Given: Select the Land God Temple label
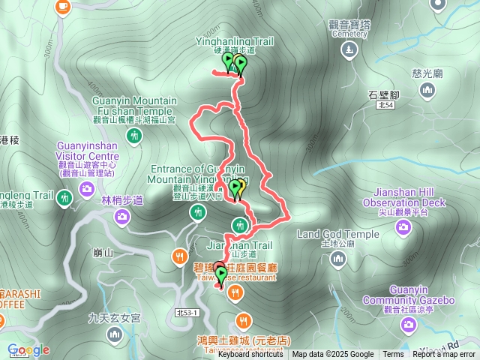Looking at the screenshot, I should pos(338,234).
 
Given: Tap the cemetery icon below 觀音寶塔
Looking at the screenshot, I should pos(349,51).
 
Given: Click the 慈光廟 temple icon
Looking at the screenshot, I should pos(428,91).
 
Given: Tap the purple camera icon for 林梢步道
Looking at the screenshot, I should pos(122,217).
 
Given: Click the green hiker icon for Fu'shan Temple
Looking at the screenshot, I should pos(133,136).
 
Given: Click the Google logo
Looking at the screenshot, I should pos(28,349).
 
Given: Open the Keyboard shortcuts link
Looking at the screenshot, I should pos(250,355).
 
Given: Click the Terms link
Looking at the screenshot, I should pos(393,355).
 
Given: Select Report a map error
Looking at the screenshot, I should pos(443,355).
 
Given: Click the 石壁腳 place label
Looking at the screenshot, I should pos(387,94).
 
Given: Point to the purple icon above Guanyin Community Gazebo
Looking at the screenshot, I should pos(409,323).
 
